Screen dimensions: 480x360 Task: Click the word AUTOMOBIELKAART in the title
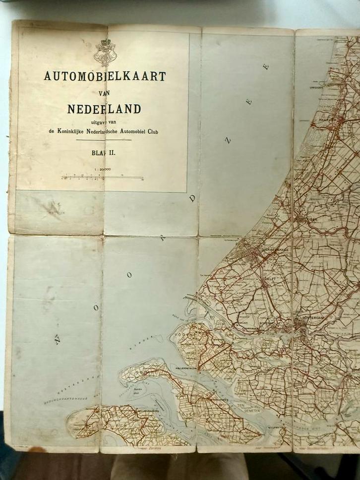pyautogui.click(x=105, y=76)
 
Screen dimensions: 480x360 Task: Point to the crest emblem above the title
pyautogui.click(x=105, y=52)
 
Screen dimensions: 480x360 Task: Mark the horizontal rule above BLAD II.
pyautogui.click(x=104, y=140)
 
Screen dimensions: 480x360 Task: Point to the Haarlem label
pyautogui.click(x=337, y=120)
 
